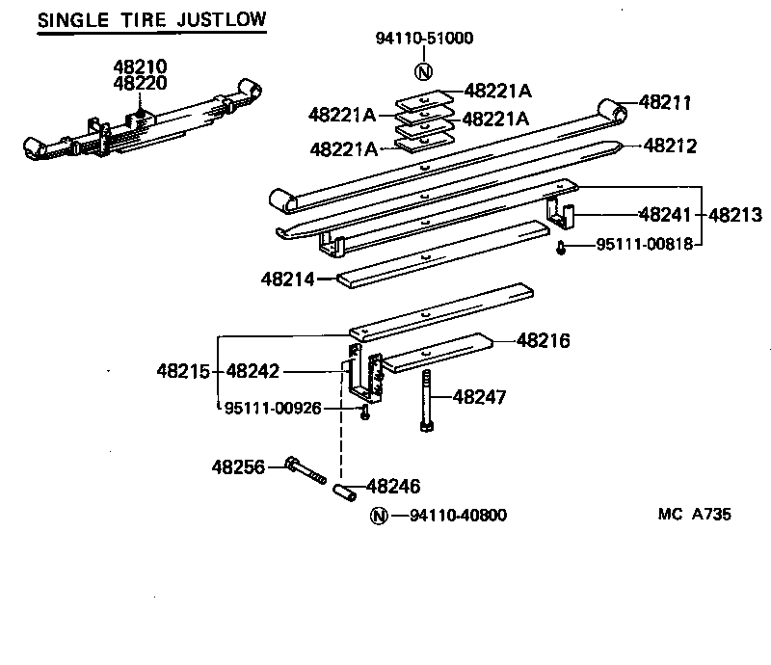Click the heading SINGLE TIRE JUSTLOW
[x=152, y=20]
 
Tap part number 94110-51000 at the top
[x=424, y=39]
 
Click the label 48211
[x=668, y=103]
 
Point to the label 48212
[x=670, y=146]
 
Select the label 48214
[x=287, y=279]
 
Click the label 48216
[x=544, y=340]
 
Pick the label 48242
[x=253, y=370]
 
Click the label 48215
[x=183, y=370]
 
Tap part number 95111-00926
[x=273, y=408]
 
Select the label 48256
[x=239, y=466]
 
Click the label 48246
[x=394, y=488]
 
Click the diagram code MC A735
[x=694, y=515]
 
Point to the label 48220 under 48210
[x=140, y=83]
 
